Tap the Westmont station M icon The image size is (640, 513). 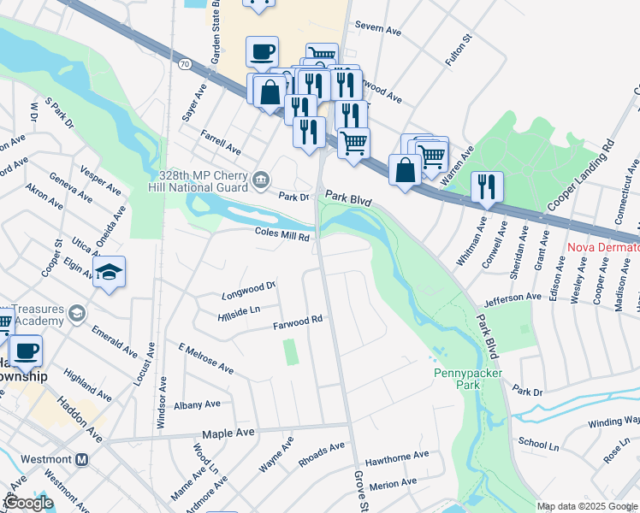(82, 459)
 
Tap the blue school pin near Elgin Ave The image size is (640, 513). (109, 273)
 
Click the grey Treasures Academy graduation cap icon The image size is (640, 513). (77, 314)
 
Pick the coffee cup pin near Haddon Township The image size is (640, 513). (27, 350)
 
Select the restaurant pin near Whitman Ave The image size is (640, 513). (487, 186)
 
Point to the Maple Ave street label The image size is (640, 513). (228, 434)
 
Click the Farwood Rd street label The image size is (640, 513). (297, 322)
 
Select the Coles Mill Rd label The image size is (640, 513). (281, 233)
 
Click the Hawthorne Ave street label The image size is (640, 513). (397, 456)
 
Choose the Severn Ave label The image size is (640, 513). (377, 31)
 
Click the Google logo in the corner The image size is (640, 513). (27, 503)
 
